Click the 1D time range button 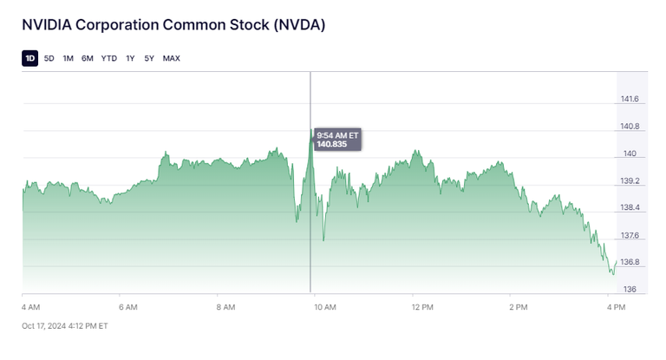(30, 58)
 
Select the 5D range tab (49, 58)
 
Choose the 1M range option (68, 58)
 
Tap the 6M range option (88, 58)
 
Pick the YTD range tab (109, 58)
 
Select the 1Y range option (130, 58)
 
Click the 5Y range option (149, 58)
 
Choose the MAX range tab (172, 58)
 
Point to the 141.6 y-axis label (630, 100)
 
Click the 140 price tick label (629, 154)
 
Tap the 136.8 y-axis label (630, 262)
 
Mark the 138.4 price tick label (630, 208)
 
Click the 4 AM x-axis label (30, 307)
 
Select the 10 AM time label (324, 307)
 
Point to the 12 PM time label (422, 307)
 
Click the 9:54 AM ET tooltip (337, 139)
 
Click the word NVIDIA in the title (48, 25)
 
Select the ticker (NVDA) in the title (299, 25)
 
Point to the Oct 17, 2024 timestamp (65, 326)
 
